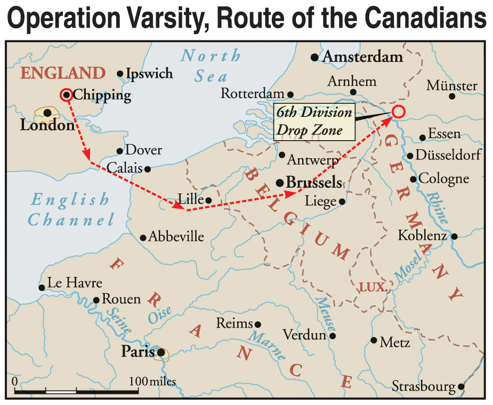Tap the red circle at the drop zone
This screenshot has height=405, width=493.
[x=399, y=111]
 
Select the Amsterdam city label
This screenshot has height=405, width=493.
[x=363, y=56]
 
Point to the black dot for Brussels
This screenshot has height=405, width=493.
[x=279, y=183]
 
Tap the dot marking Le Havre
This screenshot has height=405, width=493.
[x=42, y=287]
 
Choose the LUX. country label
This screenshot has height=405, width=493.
[x=372, y=287]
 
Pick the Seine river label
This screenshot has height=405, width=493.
[x=118, y=321]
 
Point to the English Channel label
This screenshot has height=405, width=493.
[x=71, y=209]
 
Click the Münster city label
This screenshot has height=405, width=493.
[x=452, y=86]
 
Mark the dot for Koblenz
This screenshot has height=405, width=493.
[x=454, y=236]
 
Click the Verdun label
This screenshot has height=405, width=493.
[x=304, y=335]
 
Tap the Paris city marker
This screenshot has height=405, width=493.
[x=160, y=352]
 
